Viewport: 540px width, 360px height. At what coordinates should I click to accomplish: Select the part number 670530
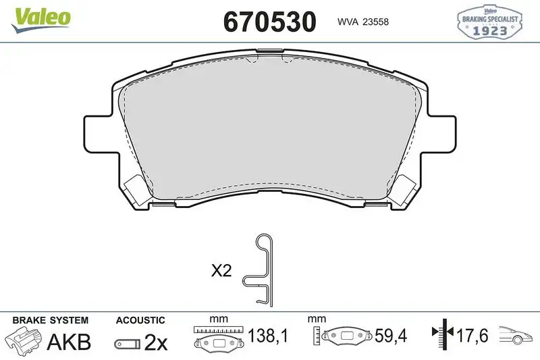(269, 22)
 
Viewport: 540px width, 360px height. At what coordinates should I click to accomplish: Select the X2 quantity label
(221, 272)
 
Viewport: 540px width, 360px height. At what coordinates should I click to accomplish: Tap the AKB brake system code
(68, 342)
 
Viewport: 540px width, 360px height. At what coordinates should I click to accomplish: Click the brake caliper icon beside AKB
(24, 342)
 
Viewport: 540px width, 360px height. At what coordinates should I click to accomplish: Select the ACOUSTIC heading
(140, 320)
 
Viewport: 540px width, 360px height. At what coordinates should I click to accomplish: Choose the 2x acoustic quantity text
(157, 342)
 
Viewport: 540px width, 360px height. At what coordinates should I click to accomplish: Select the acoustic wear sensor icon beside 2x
(127, 344)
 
